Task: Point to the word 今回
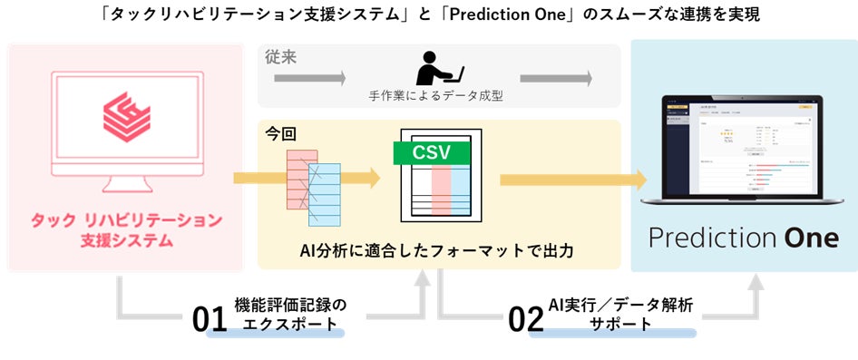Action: (280, 133)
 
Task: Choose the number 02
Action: (526, 320)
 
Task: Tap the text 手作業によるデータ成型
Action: (439, 95)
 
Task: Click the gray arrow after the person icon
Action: (569, 79)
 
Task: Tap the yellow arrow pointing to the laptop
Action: (570, 179)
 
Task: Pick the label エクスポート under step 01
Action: (287, 324)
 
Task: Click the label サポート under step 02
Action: (620, 324)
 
